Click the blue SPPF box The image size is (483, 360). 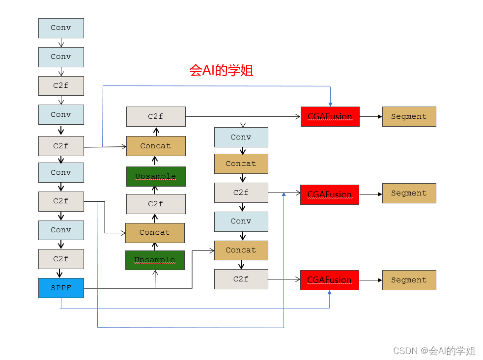[61, 288]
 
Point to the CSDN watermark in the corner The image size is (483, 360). [434, 351]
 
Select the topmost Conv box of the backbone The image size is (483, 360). [61, 28]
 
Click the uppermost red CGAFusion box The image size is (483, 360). [330, 116]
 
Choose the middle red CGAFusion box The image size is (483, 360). [330, 194]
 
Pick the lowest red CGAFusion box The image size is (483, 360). [329, 280]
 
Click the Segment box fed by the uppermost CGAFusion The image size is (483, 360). [409, 116]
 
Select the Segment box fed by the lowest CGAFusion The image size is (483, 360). [409, 280]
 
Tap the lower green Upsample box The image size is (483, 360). [155, 260]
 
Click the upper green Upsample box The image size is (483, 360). [155, 176]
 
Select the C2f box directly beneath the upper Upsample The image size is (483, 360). [155, 204]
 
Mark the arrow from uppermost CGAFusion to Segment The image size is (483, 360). [370, 117]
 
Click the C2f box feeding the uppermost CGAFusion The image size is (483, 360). [155, 116]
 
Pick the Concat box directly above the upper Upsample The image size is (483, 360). [155, 146]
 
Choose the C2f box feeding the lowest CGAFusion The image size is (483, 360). [241, 279]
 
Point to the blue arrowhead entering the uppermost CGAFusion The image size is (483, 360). [330, 104]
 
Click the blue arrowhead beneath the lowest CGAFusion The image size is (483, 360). [329, 293]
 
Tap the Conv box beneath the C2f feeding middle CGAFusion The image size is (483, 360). [241, 222]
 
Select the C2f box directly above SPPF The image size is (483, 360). [61, 259]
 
